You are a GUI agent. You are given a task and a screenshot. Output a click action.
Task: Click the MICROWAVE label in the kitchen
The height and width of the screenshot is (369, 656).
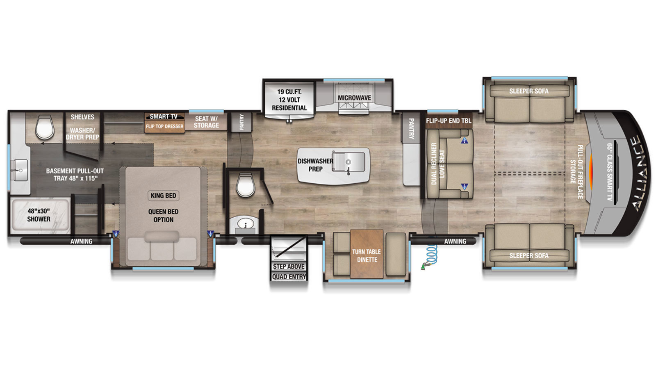tap(354, 98)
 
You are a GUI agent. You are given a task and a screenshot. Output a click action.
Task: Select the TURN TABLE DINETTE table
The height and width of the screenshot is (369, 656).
tap(367, 254)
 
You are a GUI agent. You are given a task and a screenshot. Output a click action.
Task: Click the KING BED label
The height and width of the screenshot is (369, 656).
tap(164, 196)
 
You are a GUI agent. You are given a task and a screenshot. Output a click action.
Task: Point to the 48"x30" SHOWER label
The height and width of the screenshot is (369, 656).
tap(39, 215)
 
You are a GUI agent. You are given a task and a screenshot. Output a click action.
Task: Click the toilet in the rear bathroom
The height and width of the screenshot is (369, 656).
tap(45, 127)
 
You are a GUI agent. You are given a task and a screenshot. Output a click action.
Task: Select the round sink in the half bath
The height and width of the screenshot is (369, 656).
tap(246, 224)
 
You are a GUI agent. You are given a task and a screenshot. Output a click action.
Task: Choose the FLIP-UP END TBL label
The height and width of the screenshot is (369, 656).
tap(449, 121)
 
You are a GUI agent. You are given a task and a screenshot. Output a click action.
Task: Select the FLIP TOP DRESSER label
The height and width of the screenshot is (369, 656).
tap(164, 126)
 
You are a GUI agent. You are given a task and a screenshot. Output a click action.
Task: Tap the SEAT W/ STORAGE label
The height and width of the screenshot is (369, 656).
tap(207, 122)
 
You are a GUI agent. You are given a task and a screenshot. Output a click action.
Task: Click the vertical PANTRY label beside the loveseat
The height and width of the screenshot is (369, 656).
tap(411, 129)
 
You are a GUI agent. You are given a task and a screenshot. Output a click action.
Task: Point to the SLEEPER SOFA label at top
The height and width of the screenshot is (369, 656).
tap(529, 91)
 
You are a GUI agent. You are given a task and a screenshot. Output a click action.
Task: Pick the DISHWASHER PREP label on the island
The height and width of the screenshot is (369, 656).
tap(315, 165)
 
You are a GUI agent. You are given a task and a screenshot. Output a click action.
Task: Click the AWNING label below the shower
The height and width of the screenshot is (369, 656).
tap(81, 241)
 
